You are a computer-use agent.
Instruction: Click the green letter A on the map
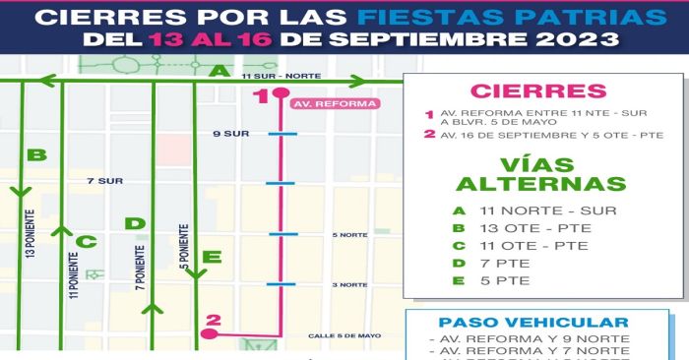tap(219, 70)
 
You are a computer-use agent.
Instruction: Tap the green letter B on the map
tap(36, 154)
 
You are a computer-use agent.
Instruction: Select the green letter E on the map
tap(211, 258)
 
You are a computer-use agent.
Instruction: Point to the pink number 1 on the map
tap(260, 95)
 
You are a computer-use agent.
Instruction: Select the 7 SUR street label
tap(103, 181)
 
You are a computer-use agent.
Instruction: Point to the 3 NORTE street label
tap(350, 284)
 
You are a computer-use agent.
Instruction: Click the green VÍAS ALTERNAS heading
tap(540, 173)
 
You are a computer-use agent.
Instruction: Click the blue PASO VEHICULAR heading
tap(533, 323)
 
